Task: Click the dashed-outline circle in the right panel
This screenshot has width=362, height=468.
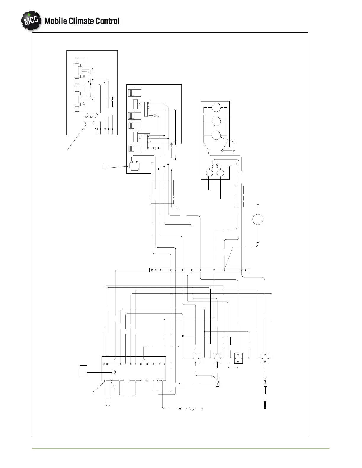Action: click(x=216, y=107)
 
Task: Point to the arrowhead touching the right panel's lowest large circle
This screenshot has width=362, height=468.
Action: click(x=221, y=138)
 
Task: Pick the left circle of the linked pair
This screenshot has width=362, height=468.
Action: click(x=210, y=173)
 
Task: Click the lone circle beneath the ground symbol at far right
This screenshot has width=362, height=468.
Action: click(x=258, y=220)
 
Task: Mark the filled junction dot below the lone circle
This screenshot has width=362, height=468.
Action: click(x=258, y=243)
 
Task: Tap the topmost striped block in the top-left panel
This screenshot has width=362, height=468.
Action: click(x=80, y=61)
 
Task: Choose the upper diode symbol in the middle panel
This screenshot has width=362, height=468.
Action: click(x=154, y=115)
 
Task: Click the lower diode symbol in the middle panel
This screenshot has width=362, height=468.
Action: click(x=154, y=148)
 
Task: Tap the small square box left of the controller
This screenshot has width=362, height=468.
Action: click(x=83, y=372)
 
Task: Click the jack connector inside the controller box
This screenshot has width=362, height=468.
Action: click(x=114, y=372)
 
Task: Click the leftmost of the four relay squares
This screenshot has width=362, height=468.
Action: click(x=196, y=358)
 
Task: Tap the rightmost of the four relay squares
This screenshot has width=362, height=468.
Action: click(x=265, y=358)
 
